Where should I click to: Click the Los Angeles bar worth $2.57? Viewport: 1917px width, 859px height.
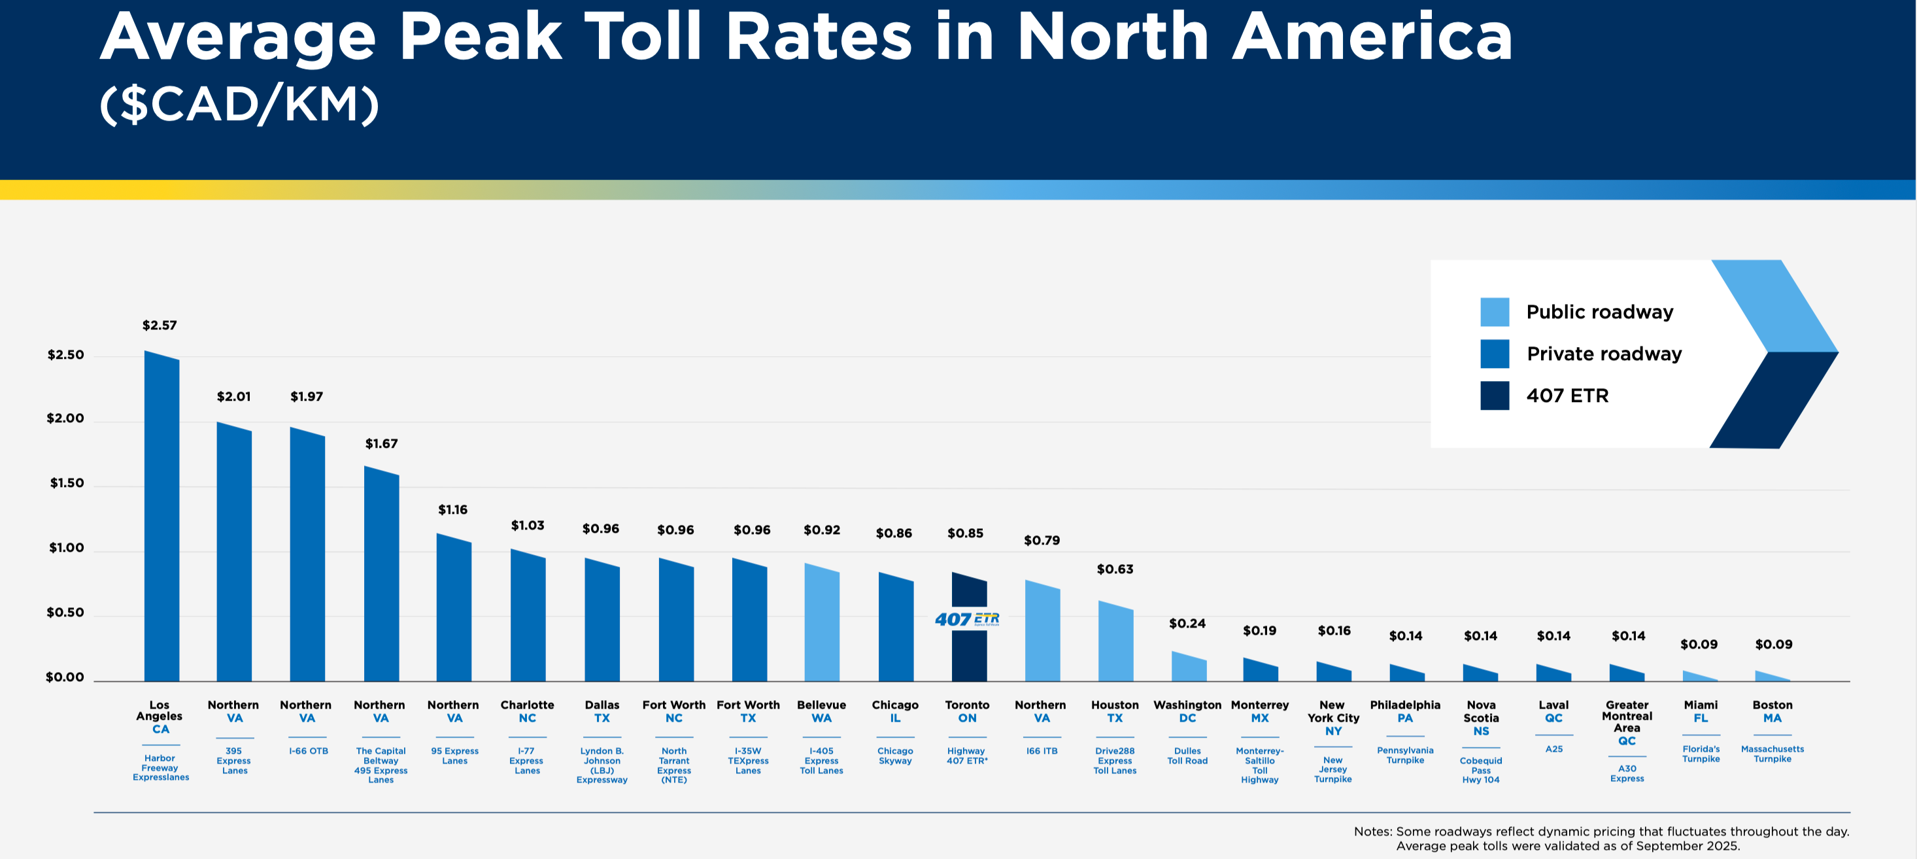coord(161,521)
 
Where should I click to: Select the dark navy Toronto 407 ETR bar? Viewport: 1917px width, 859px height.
coord(969,655)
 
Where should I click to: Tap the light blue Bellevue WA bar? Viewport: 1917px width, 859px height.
coord(822,625)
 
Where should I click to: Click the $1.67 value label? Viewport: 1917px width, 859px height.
coord(381,444)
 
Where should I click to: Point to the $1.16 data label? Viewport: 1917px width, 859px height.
coord(452,510)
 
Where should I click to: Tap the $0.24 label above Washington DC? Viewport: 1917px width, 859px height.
coord(1187,624)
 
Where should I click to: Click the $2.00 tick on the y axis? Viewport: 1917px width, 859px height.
coord(65,418)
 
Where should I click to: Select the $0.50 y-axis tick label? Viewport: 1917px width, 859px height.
coord(65,613)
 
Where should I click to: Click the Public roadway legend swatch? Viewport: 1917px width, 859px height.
coord(1495,312)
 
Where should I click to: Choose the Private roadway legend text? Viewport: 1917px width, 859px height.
coord(1604,354)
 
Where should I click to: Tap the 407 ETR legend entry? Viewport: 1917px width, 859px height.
coord(1567,396)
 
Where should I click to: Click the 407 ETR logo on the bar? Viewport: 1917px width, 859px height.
coord(967,619)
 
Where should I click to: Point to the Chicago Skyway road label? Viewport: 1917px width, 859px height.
coord(894,756)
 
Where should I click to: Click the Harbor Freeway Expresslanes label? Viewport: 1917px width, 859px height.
coord(161,767)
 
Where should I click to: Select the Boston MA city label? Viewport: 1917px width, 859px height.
coord(1772,711)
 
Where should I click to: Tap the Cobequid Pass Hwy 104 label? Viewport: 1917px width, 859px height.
coord(1480,769)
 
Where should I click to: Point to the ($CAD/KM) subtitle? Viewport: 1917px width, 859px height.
coord(239,104)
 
